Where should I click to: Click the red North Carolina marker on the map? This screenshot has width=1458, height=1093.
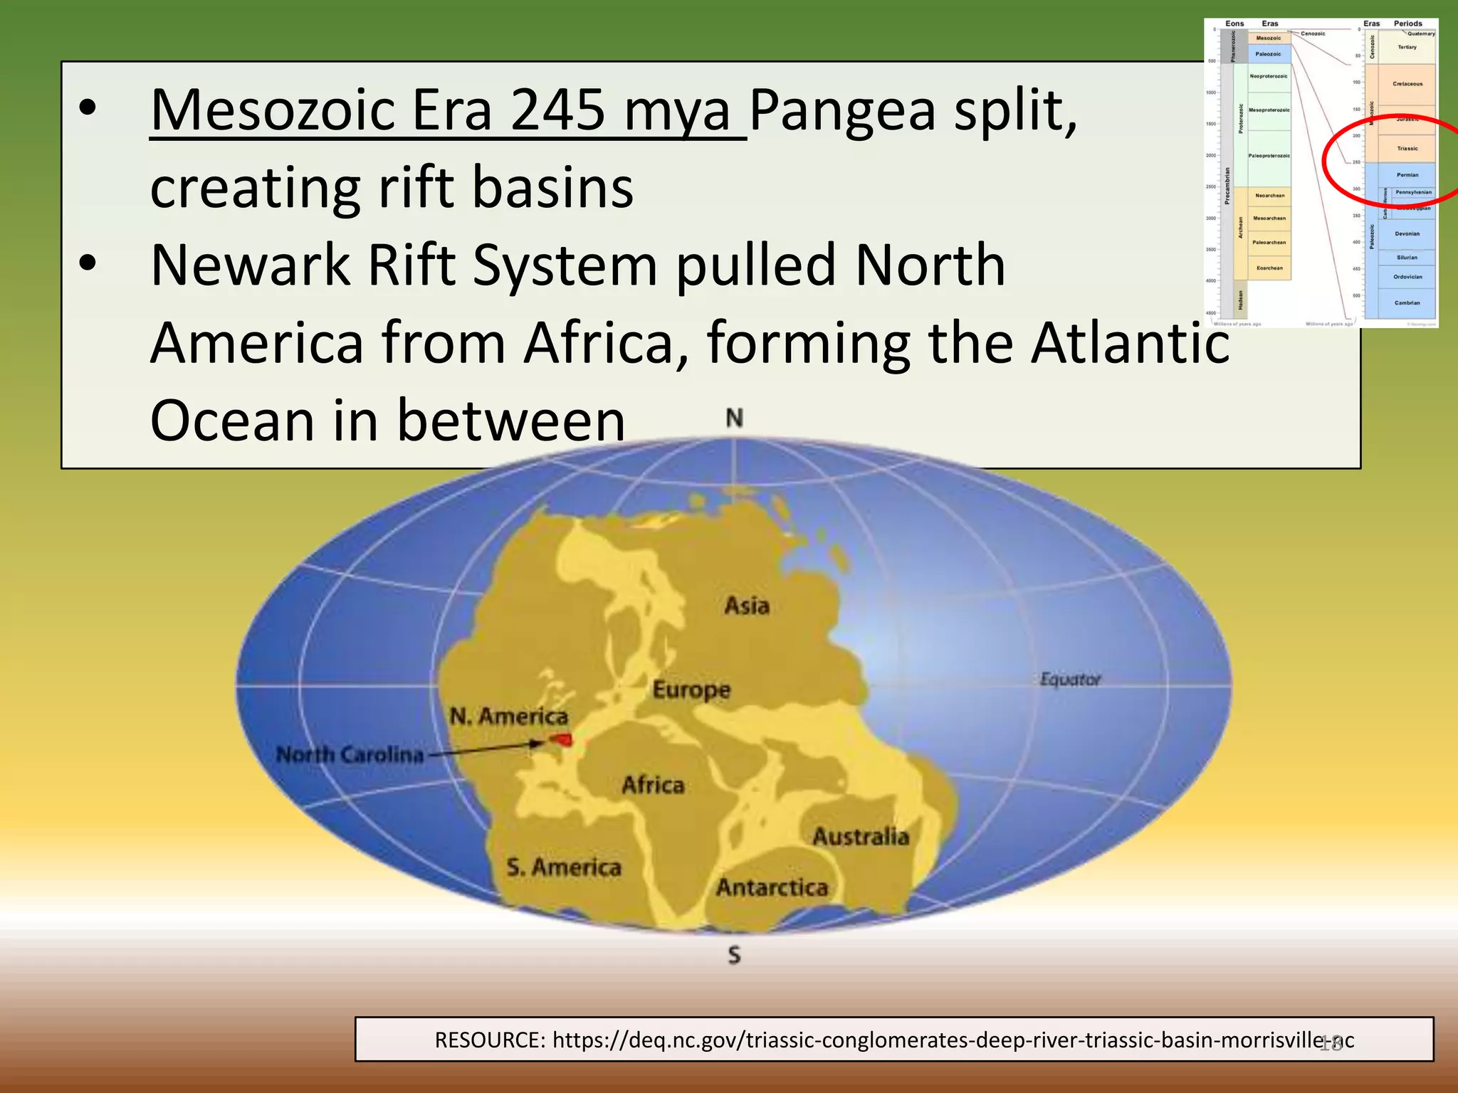tap(562, 740)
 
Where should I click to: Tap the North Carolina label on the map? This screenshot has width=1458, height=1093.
tap(350, 754)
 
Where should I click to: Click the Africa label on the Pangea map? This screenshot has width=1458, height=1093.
tap(653, 785)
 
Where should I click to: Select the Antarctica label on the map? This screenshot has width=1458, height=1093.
tap(772, 887)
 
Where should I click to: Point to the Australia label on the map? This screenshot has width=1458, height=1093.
tap(861, 836)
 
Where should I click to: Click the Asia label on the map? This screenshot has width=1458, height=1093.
tap(747, 606)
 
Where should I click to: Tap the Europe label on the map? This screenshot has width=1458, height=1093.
tap(691, 690)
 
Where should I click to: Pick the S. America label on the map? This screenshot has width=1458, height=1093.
tap(564, 867)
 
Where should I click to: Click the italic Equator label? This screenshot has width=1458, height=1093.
tap(1070, 680)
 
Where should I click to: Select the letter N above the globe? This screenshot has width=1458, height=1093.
tap(734, 418)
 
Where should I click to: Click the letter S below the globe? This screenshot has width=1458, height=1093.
tap(734, 955)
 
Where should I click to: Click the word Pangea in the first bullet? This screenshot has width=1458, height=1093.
tap(842, 110)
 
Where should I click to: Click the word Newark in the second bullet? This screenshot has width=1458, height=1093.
tap(250, 265)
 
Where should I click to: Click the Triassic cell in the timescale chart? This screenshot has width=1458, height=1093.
tap(1407, 149)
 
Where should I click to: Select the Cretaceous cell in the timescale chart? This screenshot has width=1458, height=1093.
tap(1407, 84)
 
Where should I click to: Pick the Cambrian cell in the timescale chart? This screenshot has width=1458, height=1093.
tap(1407, 303)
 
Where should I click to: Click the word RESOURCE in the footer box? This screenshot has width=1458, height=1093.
tap(490, 1040)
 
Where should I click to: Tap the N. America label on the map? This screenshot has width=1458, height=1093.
tap(508, 716)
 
